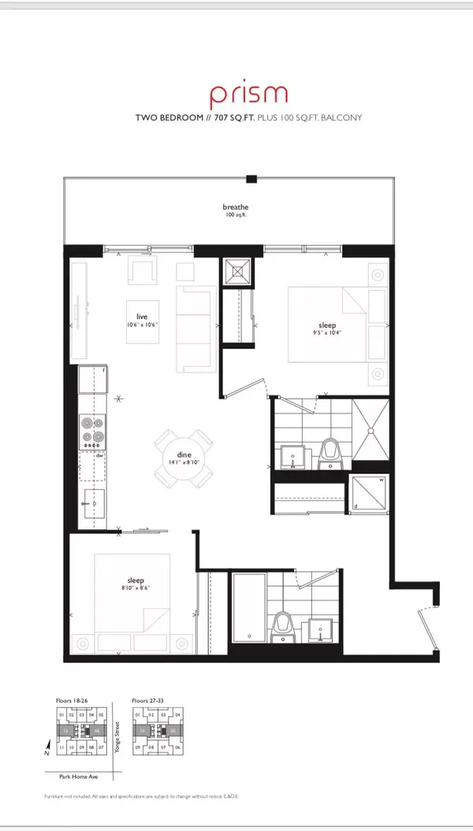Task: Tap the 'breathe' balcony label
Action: (235, 207)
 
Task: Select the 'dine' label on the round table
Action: (184, 454)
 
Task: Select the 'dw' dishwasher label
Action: (99, 455)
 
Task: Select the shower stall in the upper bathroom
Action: (369, 430)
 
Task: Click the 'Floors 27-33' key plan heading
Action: (151, 699)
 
